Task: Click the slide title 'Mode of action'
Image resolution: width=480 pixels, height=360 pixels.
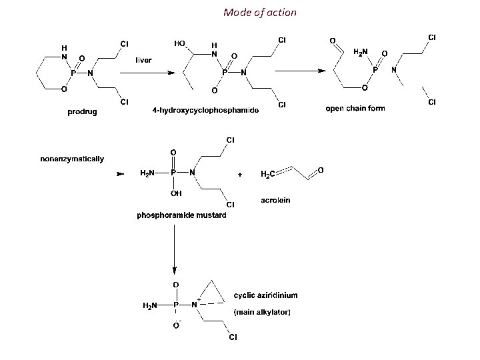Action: (260, 13)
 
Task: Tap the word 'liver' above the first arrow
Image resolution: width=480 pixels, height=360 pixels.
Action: (143, 60)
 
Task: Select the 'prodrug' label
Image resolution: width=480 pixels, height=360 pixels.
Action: (82, 112)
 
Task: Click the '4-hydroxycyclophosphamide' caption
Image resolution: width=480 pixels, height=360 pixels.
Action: (205, 109)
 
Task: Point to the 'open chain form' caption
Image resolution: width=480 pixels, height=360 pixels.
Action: (355, 108)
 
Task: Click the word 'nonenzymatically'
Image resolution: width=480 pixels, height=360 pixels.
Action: (72, 159)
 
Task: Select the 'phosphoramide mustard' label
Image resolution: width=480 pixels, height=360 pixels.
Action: (181, 215)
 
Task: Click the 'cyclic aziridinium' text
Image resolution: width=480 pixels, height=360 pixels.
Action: (266, 295)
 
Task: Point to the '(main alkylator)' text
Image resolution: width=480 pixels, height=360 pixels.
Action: (261, 312)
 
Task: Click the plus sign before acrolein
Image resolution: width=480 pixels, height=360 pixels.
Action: (240, 174)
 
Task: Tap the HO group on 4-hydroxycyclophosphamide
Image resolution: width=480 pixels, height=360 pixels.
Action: (179, 43)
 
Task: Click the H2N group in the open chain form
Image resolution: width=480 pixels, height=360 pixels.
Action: (359, 51)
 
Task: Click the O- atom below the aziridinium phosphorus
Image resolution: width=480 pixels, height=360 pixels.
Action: (176, 325)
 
